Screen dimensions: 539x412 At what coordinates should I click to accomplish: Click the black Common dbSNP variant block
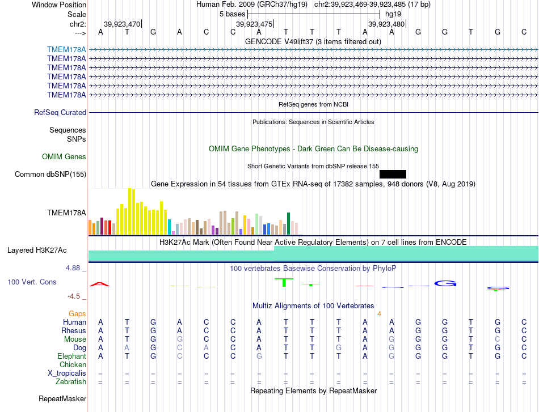tap(393, 174)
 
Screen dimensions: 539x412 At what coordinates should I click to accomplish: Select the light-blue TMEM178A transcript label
tap(66, 49)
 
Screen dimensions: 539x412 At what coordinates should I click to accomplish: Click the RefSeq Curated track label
tap(60, 112)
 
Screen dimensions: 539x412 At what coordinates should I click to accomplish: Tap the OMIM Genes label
tap(64, 156)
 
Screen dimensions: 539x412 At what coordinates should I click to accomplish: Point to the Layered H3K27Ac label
tap(37, 250)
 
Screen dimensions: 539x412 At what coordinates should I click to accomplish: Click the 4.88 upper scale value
tap(73, 268)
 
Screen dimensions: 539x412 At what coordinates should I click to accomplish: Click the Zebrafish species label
tap(71, 381)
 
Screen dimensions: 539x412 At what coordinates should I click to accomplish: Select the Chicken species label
tap(73, 364)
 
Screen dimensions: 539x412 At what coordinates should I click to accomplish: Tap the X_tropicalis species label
tap(67, 373)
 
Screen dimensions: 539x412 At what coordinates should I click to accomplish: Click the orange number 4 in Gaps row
tap(379, 314)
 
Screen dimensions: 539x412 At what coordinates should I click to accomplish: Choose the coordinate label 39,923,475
tap(254, 24)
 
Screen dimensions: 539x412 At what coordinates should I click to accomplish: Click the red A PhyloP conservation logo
tap(99, 284)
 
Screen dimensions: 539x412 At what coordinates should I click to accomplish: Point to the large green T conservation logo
tap(284, 282)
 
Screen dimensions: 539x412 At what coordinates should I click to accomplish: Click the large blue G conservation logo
tap(445, 283)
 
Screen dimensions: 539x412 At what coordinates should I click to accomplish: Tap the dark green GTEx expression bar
tap(288, 223)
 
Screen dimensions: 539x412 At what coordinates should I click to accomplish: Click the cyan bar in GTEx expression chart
tap(169, 227)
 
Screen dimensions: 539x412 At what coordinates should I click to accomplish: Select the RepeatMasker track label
tap(62, 398)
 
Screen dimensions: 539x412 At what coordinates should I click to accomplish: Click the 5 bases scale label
tap(233, 14)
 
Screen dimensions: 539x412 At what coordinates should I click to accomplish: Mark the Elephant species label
tap(72, 356)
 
